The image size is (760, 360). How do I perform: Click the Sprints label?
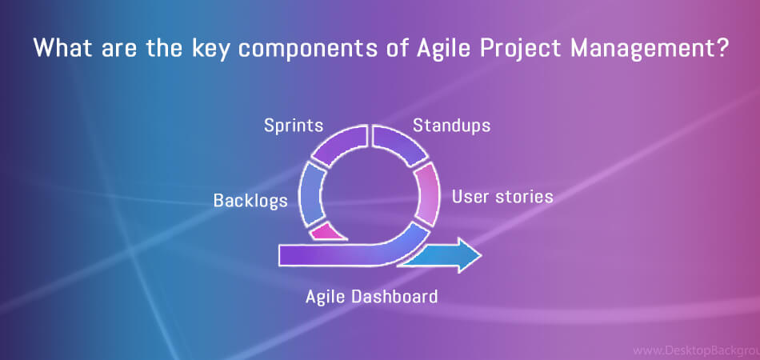click(x=294, y=126)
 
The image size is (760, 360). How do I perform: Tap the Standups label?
click(x=451, y=126)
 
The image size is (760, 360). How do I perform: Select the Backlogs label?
click(x=250, y=201)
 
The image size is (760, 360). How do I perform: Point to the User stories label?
click(x=502, y=197)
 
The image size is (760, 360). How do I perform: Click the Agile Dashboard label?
click(x=371, y=296)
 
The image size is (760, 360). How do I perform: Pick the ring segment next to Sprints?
click(x=340, y=143)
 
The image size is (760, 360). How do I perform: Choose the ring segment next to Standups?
click(x=399, y=143)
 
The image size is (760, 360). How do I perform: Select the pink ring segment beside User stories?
click(x=427, y=194)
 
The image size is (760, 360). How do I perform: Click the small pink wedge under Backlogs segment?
click(x=327, y=232)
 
